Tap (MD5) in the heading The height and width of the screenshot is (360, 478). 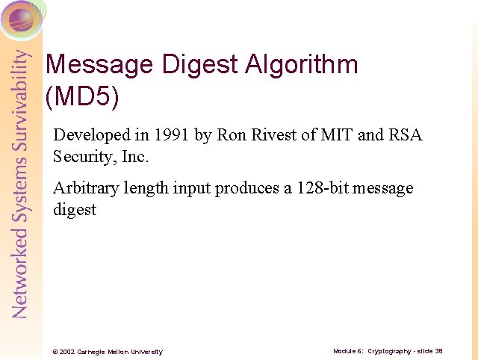click(82, 96)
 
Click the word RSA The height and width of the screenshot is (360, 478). click(406, 135)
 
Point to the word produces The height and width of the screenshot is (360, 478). click(248, 188)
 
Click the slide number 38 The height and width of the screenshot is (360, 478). click(439, 350)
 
